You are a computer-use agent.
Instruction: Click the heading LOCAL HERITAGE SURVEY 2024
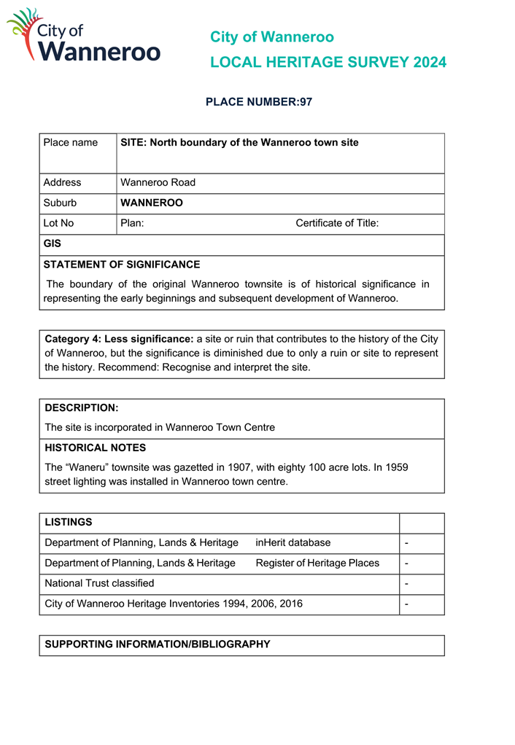pos(328,63)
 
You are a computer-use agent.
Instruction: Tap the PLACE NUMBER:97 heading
pos(258,102)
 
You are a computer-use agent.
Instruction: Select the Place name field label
pos(70,143)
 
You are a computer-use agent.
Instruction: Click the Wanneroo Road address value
pos(158,183)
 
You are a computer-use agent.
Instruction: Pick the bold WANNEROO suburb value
pos(151,203)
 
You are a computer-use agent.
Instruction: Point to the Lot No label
pos(58,224)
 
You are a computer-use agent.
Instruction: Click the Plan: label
pos(132,224)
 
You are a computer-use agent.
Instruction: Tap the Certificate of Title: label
pos(336,224)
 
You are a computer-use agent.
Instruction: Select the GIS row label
pos(53,244)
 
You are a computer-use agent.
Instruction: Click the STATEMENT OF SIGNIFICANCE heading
pos(121,265)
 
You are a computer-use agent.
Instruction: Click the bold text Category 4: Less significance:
pos(119,339)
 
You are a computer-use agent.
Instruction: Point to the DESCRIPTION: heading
pos(81,408)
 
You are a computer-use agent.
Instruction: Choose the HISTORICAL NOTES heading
pos(95,448)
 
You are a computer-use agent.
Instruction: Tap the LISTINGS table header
pos(69,523)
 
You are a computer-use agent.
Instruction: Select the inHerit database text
pos(293,543)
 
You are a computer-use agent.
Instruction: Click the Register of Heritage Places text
pos(317,563)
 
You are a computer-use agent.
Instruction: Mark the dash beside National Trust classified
pos(406,584)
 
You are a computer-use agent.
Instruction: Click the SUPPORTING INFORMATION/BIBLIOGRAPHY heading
pos(157,645)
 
